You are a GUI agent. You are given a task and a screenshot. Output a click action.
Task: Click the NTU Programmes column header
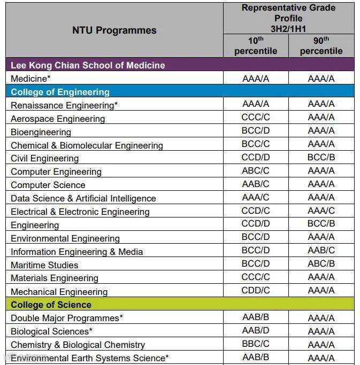[114, 30]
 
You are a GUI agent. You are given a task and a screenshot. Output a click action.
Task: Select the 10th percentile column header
[256, 45]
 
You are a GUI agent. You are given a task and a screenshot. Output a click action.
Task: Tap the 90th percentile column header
[321, 45]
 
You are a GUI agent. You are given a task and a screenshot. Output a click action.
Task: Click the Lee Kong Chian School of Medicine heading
[88, 65]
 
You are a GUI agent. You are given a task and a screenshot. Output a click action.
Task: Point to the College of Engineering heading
[60, 92]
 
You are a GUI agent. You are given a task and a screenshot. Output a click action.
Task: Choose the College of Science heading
[51, 305]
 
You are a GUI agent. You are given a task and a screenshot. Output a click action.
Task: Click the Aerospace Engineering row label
[58, 119]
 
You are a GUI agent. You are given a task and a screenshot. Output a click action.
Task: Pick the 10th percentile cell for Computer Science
[256, 184]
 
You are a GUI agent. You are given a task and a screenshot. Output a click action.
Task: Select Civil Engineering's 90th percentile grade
[321, 158]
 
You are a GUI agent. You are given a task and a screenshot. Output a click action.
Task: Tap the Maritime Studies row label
[44, 265]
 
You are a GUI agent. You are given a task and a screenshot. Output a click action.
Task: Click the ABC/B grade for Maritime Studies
[321, 263]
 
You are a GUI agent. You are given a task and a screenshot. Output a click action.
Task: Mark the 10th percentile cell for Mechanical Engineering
[256, 290]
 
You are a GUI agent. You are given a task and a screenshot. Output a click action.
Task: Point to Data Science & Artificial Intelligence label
[83, 198]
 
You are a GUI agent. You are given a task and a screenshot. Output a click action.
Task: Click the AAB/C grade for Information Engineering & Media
[321, 250]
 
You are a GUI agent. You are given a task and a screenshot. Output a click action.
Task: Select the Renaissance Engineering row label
[64, 105]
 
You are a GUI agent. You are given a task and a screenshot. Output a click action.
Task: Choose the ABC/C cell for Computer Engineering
[256, 170]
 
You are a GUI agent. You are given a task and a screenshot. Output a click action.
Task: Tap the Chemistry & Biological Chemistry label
[78, 345]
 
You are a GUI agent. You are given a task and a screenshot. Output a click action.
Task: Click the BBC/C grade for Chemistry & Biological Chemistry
[256, 344]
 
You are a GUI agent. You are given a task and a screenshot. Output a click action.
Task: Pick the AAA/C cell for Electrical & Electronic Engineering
[321, 211]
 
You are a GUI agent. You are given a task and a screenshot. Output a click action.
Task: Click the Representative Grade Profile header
[288, 18]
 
